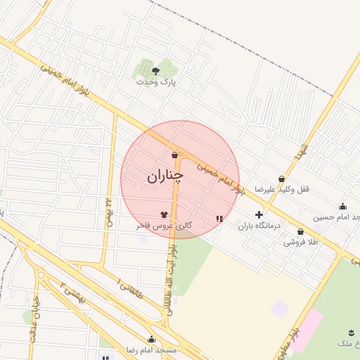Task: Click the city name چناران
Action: (165, 177)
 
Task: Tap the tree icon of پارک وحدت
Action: (155, 71)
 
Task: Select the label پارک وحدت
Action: (157, 82)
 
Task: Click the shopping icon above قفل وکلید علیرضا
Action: (282, 179)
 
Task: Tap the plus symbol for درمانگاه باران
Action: (259, 214)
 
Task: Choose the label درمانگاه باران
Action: (259, 226)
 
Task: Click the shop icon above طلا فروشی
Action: (300, 231)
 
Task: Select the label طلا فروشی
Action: (301, 242)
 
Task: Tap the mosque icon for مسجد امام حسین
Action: (342, 206)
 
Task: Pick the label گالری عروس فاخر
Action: (164, 226)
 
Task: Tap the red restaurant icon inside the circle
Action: (220, 219)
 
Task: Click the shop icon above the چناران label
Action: (174, 155)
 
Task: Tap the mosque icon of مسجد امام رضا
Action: (152, 339)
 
